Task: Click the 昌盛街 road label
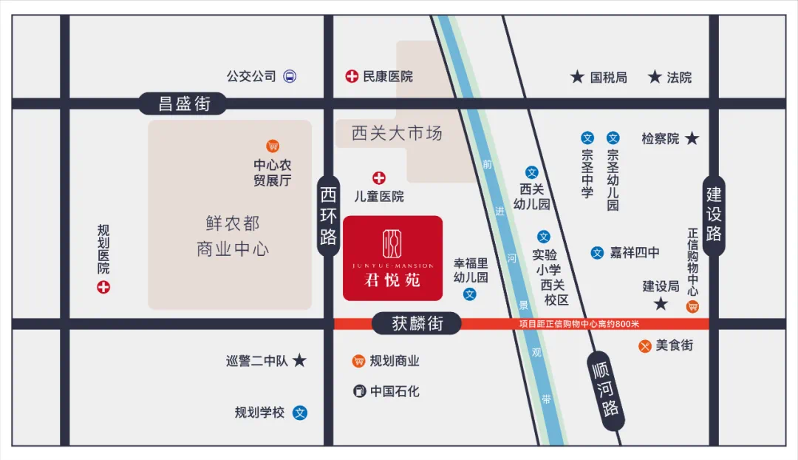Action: (185, 104)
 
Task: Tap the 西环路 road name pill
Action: (329, 216)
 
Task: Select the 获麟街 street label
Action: (417, 323)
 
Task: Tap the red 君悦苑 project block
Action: (392, 258)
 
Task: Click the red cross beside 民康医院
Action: (352, 76)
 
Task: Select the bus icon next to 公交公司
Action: (290, 76)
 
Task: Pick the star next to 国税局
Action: (577, 77)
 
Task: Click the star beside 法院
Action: (654, 77)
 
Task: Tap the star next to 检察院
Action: (692, 138)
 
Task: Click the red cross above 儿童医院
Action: (379, 177)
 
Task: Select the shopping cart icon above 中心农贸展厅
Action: (273, 146)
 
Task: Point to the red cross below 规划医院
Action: (103, 287)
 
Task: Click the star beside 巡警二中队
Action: (299, 361)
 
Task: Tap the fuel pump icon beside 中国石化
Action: (360, 391)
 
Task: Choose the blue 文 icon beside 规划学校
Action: (300, 413)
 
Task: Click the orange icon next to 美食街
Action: (645, 345)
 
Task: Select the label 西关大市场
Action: (397, 134)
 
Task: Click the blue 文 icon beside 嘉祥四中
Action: (597, 253)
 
